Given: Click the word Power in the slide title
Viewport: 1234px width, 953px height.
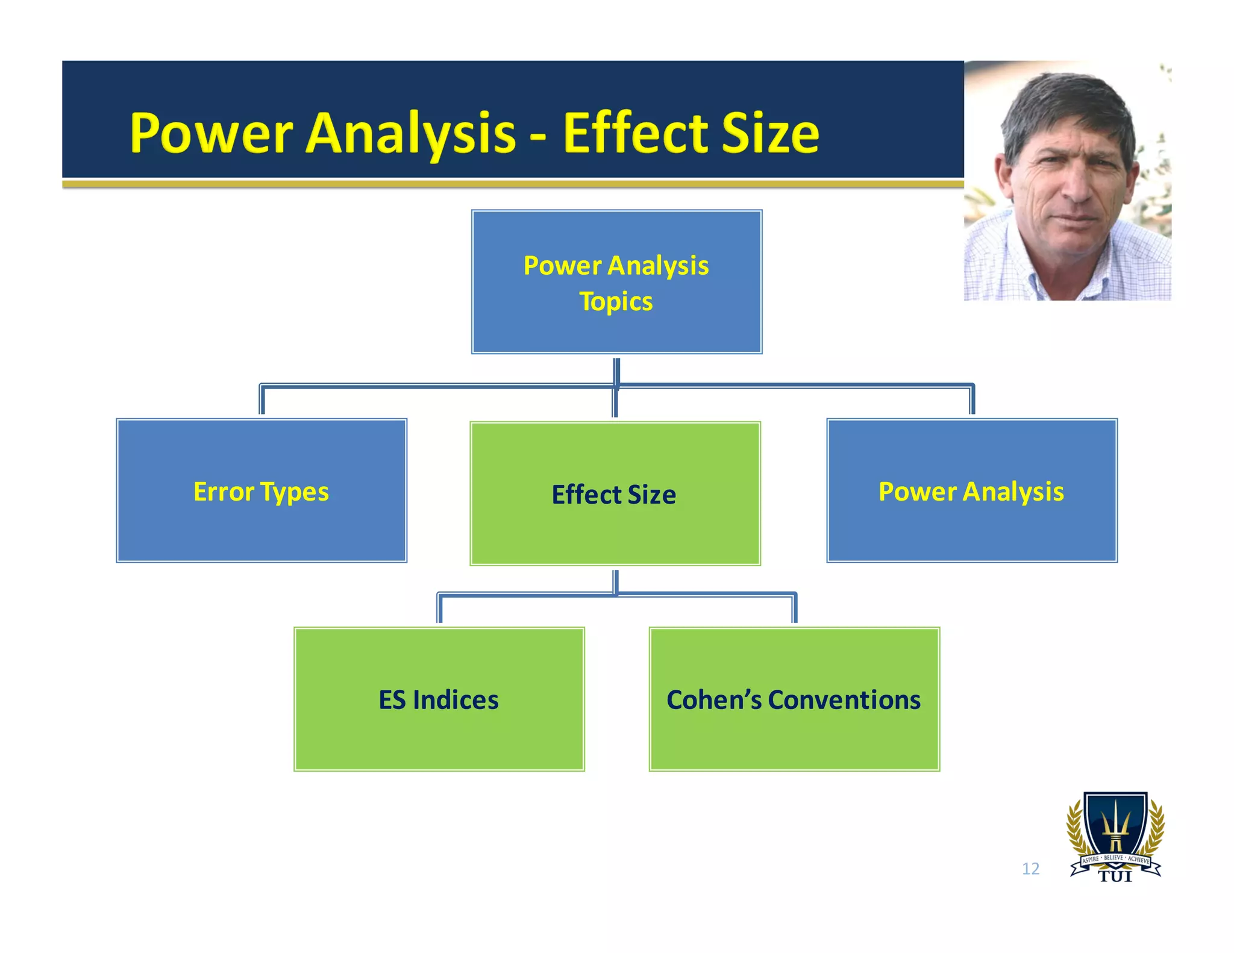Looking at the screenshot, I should click(211, 134).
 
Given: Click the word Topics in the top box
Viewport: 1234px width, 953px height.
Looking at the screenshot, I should click(616, 302).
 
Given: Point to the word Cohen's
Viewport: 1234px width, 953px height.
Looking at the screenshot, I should click(714, 700).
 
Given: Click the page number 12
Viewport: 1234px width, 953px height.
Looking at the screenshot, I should click(1030, 869).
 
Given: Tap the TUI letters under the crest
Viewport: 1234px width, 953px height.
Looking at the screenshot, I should click(1115, 877).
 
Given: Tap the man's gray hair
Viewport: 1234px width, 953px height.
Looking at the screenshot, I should click(1060, 102).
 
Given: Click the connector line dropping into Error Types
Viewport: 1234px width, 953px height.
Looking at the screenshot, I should click(262, 400).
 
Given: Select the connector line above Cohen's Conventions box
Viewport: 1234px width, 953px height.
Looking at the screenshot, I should click(795, 608).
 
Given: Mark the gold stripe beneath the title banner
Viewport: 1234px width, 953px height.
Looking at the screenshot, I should click(512, 184).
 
